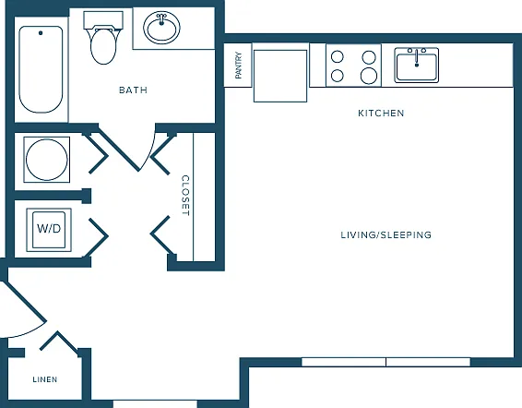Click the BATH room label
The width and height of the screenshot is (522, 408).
(133, 90)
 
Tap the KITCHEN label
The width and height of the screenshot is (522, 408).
(381, 114)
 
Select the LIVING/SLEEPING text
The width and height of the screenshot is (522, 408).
(386, 235)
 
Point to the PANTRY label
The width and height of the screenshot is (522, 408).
(238, 66)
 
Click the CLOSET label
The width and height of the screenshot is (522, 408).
(185, 196)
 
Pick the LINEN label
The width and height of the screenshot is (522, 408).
(45, 379)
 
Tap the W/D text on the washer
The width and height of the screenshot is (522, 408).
(49, 229)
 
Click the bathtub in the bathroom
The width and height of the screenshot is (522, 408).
(41, 69)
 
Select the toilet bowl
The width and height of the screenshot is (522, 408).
(103, 47)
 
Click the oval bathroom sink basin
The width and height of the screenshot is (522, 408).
(161, 28)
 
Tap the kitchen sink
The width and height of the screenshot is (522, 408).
(417, 65)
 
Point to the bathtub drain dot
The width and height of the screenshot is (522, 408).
(41, 32)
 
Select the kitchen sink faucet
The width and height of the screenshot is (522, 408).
(417, 57)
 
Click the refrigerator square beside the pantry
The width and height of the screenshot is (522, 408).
(280, 76)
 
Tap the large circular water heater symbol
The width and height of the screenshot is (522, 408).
(47, 160)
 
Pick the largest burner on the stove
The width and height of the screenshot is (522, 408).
(369, 76)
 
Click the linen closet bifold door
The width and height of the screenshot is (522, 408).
(59, 341)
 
